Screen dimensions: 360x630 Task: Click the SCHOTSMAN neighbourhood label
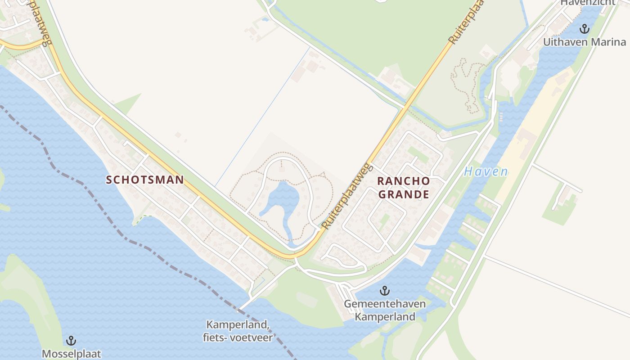pyautogui.click(x=145, y=180)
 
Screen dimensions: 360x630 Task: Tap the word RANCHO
pyautogui.click(x=404, y=181)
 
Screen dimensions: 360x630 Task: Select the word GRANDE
pyautogui.click(x=404, y=194)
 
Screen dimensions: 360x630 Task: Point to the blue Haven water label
pyautogui.click(x=486, y=172)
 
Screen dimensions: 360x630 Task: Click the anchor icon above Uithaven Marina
pyautogui.click(x=584, y=29)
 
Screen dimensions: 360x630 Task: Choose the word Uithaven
pyautogui.click(x=565, y=42)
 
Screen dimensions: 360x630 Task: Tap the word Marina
pyautogui.click(x=607, y=42)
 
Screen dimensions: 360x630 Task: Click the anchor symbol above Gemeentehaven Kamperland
pyautogui.click(x=384, y=291)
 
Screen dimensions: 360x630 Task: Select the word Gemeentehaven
pyautogui.click(x=385, y=304)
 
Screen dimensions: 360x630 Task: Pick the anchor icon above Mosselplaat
pyautogui.click(x=71, y=341)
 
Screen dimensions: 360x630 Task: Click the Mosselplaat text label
pyautogui.click(x=71, y=354)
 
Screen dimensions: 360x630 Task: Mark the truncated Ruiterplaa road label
pyautogui.click(x=466, y=21)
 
